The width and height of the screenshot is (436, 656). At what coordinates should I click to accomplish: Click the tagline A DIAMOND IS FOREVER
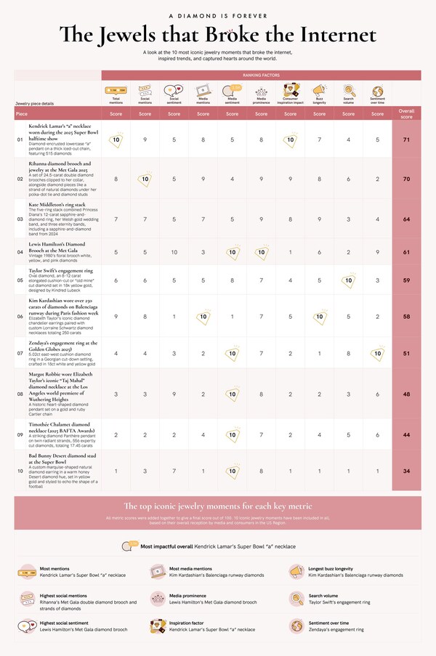pos(217,15)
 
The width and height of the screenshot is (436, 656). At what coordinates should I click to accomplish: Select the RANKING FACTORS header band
pos(261,76)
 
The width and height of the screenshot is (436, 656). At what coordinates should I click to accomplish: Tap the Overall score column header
pos(406,112)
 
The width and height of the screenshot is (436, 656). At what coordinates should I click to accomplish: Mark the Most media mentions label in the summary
pos(190,568)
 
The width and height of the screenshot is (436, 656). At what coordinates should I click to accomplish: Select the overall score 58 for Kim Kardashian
pos(406,317)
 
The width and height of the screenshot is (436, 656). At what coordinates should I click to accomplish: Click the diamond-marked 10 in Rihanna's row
pos(145,177)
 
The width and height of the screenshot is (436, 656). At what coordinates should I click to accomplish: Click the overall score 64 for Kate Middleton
pos(406,218)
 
